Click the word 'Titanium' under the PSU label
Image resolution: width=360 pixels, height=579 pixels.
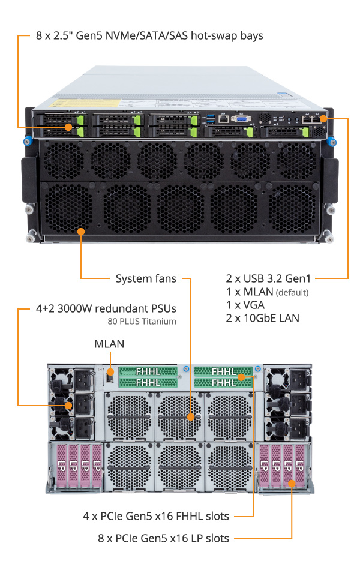tap(159, 321)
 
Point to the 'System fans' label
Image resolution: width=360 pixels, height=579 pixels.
tap(146, 278)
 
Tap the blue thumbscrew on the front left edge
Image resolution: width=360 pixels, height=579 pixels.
tap(26, 143)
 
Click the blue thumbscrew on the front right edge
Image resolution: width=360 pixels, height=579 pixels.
tap(334, 143)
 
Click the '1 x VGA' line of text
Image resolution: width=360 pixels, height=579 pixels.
tap(244, 305)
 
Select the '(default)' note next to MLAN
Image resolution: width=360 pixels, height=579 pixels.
tap(292, 292)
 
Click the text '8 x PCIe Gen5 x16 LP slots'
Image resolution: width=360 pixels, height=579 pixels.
tap(164, 538)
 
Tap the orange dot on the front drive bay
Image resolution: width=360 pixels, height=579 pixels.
tap(70, 127)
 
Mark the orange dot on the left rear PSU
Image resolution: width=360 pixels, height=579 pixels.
tap(70, 406)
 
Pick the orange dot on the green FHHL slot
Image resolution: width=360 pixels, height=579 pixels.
tap(241, 377)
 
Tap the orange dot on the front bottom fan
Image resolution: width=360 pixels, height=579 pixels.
tap(81, 230)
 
